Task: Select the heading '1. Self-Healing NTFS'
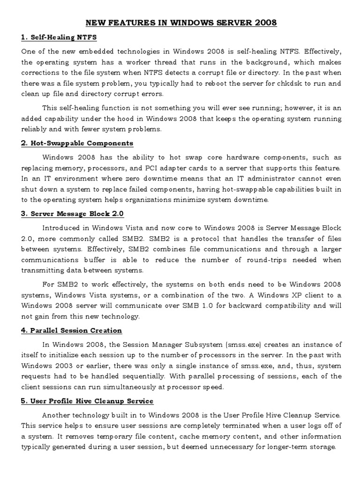click(x=59, y=37)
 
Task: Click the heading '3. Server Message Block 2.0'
click(x=72, y=213)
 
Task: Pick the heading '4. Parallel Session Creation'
click(x=71, y=330)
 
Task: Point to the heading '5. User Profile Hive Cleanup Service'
click(x=87, y=401)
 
